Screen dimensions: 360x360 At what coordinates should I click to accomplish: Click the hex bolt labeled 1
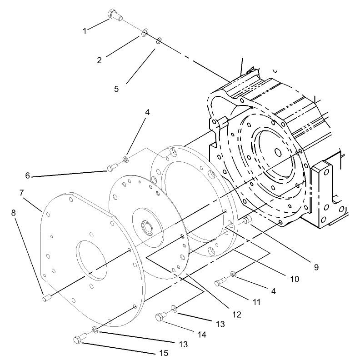114,15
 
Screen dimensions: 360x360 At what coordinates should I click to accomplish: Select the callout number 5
117,89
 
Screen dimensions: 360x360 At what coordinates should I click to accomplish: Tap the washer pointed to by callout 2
144,33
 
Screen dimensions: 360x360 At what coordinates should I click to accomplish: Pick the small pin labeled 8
46,298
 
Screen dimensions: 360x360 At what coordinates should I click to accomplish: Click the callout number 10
295,279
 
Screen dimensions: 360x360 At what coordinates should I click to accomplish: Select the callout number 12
236,314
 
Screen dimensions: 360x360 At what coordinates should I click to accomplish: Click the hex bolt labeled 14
161,317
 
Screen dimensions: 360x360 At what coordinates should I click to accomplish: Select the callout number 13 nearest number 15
183,345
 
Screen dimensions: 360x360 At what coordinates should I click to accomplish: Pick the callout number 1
85,31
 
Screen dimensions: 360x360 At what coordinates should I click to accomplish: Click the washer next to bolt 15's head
95,329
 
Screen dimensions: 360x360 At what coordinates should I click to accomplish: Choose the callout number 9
315,267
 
